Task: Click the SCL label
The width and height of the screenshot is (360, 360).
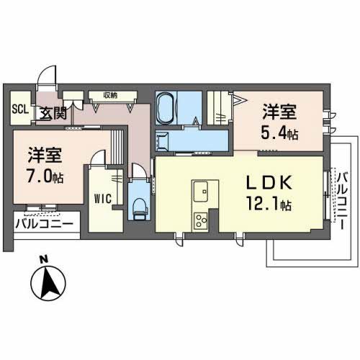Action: (x=20, y=110)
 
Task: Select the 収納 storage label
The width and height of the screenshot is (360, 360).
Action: (x=109, y=94)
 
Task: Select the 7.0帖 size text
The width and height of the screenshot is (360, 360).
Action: (x=45, y=177)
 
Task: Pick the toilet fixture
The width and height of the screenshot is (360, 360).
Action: (x=140, y=207)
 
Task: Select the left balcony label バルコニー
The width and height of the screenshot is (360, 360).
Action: (x=44, y=224)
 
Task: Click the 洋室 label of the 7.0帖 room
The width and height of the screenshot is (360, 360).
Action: (x=45, y=154)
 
